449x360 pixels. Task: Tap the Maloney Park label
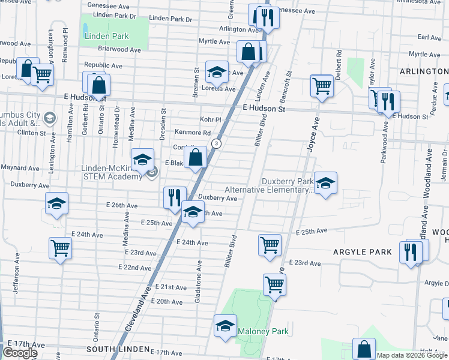(263, 331)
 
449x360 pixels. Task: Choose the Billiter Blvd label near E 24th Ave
(229, 251)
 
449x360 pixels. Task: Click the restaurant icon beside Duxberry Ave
(173, 196)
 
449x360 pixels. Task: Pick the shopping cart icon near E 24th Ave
(60, 247)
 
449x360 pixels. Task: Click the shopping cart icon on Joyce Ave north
(322, 85)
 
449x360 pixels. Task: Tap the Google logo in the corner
(20, 353)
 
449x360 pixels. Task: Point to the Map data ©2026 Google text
(412, 355)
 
